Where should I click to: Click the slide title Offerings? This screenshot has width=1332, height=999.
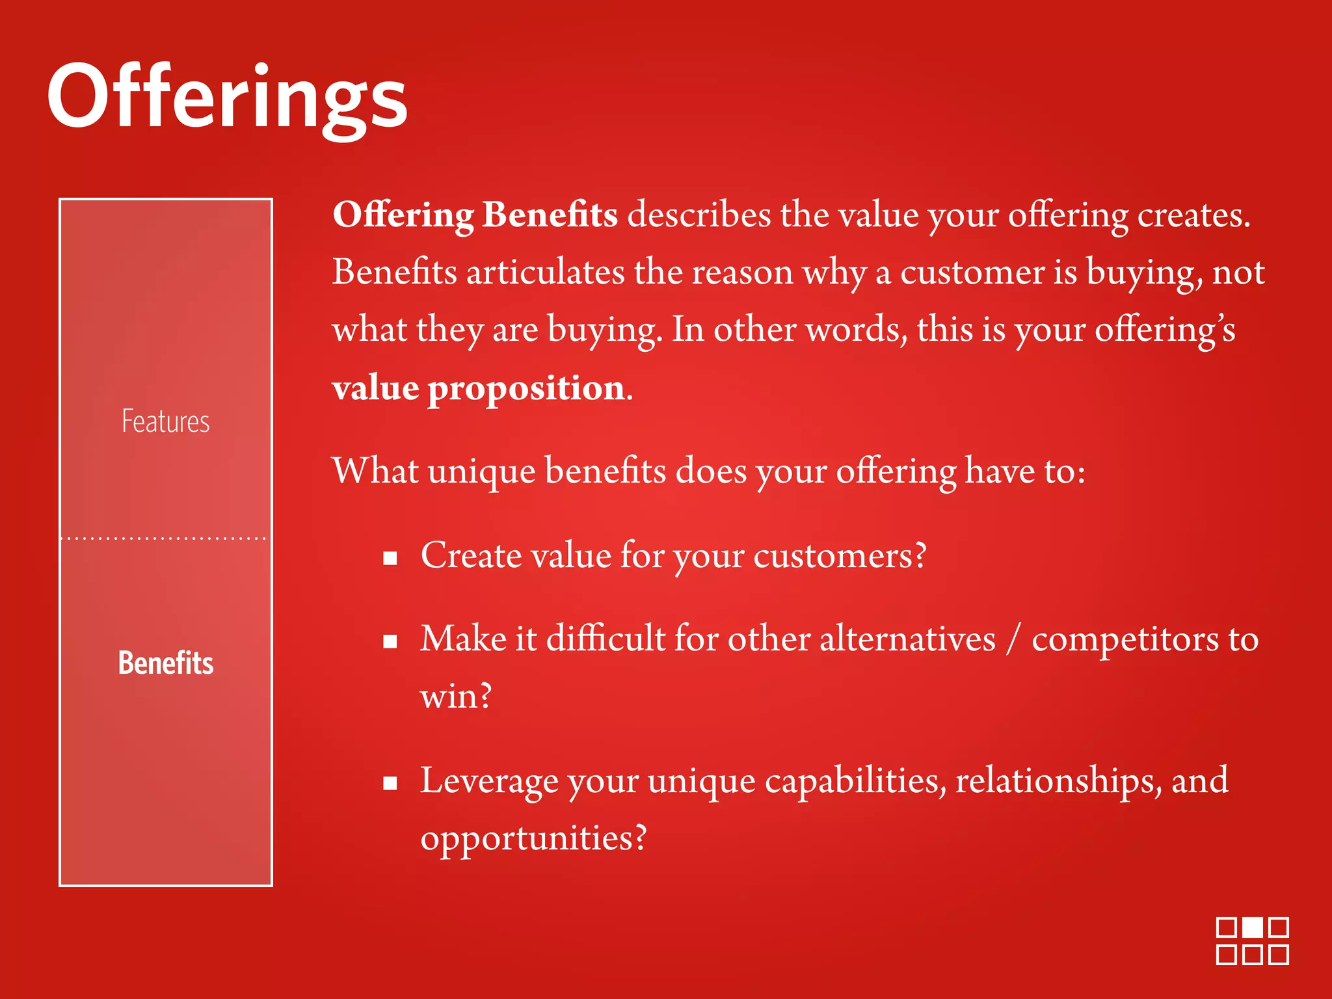tap(227, 98)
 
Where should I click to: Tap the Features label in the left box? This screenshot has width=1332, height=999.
tap(166, 421)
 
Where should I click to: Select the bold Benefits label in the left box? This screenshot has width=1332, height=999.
tap(166, 663)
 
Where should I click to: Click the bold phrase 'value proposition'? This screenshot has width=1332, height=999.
tap(479, 388)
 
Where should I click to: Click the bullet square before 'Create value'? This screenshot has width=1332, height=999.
tap(390, 558)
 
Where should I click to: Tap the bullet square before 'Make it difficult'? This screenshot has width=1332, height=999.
tap(390, 642)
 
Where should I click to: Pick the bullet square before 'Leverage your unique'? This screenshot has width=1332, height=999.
tap(390, 783)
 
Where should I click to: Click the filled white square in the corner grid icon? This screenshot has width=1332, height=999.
tap(1253, 927)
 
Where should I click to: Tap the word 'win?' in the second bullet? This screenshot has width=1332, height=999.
tap(456, 696)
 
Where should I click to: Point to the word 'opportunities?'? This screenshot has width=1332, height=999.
tap(533, 838)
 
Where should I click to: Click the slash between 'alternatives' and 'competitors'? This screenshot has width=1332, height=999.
tap(1013, 639)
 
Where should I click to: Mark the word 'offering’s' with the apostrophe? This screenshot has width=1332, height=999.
tap(1165, 329)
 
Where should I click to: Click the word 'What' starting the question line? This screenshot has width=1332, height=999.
tap(375, 470)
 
